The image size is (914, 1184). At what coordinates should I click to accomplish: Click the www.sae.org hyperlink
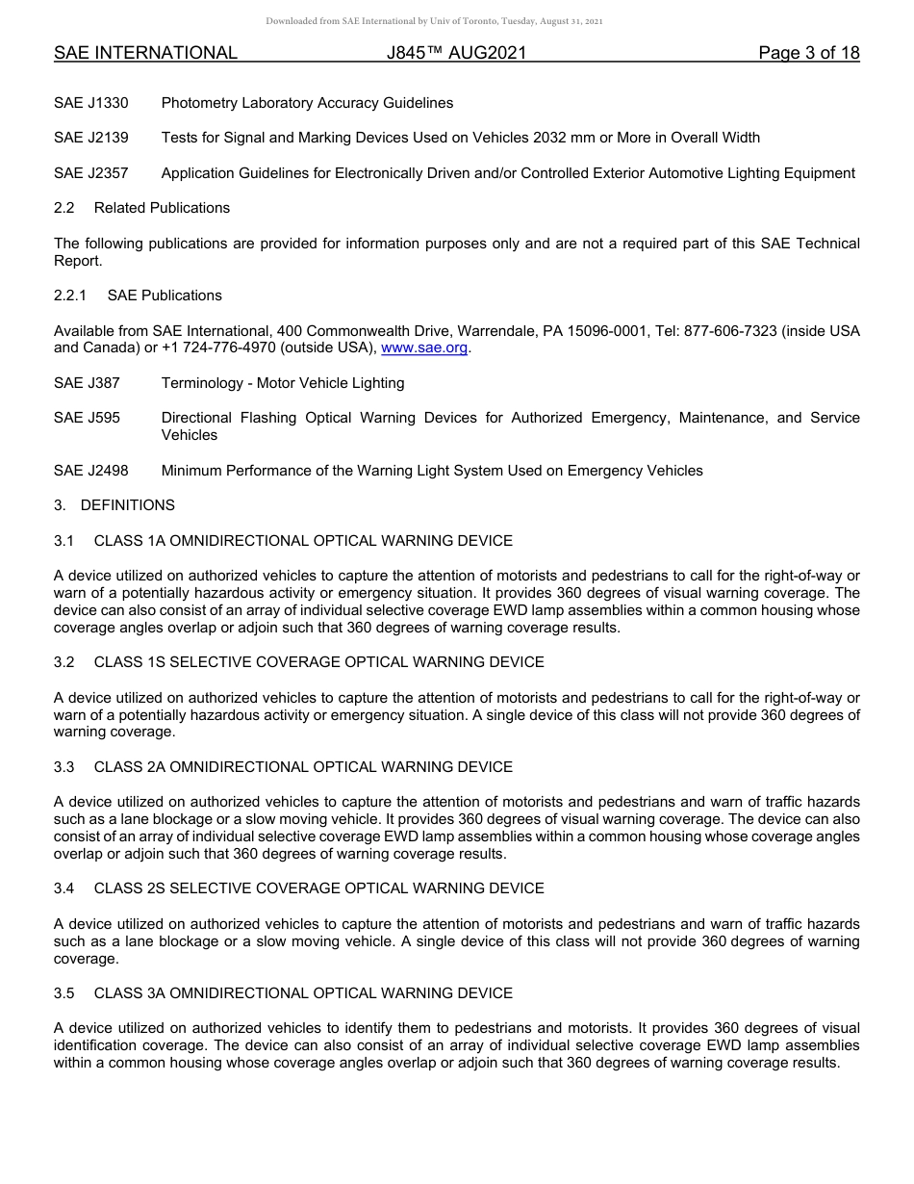click(x=425, y=347)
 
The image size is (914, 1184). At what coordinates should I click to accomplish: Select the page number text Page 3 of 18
click(x=808, y=53)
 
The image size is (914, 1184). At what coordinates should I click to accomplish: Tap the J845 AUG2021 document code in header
click(x=456, y=53)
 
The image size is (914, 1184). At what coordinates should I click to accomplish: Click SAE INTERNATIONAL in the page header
click(x=145, y=53)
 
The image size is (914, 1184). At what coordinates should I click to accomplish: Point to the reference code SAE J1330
click(x=91, y=103)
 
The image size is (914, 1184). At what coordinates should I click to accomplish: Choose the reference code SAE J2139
click(x=91, y=138)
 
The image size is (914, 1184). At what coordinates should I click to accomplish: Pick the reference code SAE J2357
click(x=91, y=173)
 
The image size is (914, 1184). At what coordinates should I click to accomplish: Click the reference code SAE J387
click(x=88, y=383)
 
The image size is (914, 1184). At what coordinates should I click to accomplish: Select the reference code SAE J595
click(x=88, y=418)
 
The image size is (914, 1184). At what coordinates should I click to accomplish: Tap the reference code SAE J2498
click(x=91, y=471)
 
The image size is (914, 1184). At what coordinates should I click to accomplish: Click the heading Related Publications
click(x=162, y=208)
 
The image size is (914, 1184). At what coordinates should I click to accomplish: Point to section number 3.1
click(x=64, y=541)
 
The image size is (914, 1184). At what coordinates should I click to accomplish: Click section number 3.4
click(x=64, y=888)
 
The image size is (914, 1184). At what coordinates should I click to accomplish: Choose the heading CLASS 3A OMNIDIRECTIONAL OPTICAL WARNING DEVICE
click(x=303, y=993)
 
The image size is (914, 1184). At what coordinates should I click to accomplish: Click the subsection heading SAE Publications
click(x=165, y=296)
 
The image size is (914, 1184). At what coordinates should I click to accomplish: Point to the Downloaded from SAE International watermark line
click(x=435, y=21)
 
